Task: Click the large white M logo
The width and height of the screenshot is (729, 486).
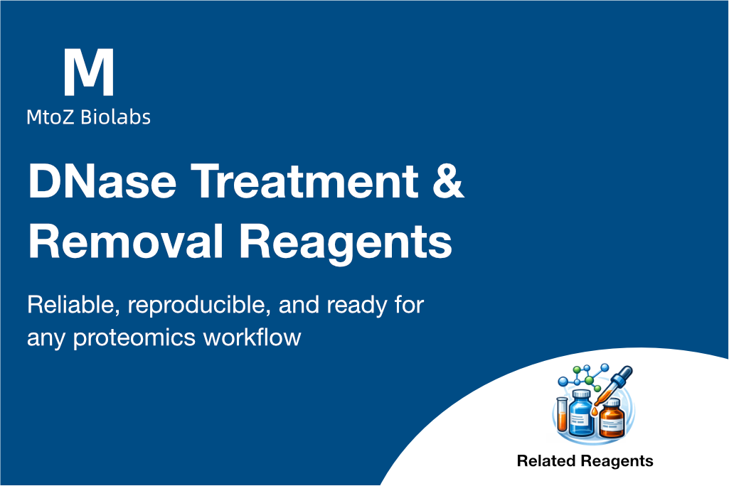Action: pos(88,72)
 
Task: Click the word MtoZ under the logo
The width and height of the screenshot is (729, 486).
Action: pos(50,117)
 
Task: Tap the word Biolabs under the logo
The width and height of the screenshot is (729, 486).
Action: pos(115,117)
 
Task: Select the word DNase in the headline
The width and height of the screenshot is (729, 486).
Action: pos(102,181)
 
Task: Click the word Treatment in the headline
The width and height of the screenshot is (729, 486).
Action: pos(304,181)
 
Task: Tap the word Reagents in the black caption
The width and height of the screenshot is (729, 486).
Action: pos(617,462)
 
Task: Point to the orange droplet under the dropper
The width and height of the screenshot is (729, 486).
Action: pos(595,411)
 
